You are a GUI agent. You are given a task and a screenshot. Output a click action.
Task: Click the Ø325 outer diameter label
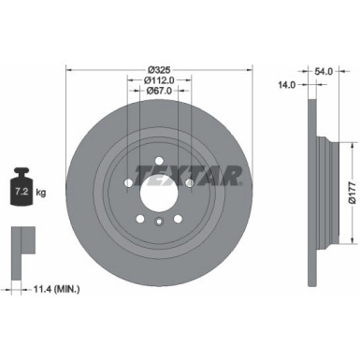pos(157,70)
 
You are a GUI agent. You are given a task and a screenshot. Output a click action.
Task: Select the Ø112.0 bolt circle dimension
pos(157,79)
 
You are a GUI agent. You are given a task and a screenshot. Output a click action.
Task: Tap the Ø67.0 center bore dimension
pos(157,92)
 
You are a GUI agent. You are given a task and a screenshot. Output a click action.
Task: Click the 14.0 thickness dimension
pos(287,84)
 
